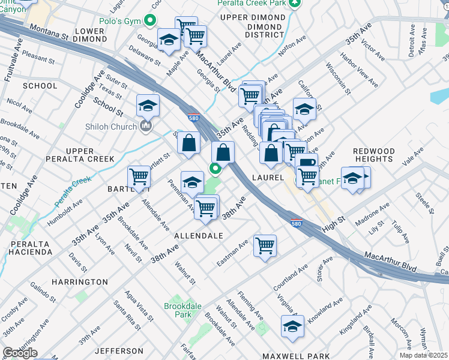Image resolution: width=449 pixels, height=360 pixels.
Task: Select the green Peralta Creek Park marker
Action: pos(294,4)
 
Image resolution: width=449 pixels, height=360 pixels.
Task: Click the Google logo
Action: pos(19,353)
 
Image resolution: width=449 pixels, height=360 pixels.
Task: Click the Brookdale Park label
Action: pos(182,310)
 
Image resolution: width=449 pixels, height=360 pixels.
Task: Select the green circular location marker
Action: pos(215,168)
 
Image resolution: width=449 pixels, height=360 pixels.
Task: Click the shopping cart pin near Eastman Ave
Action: pos(265,245)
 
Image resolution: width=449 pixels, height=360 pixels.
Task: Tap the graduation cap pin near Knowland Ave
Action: pos(292,326)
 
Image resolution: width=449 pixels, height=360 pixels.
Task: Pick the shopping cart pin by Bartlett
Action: pos(139,177)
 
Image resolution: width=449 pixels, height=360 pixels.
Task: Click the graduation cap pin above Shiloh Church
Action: pos(148,106)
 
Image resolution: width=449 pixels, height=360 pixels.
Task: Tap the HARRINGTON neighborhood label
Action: pos(79,281)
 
